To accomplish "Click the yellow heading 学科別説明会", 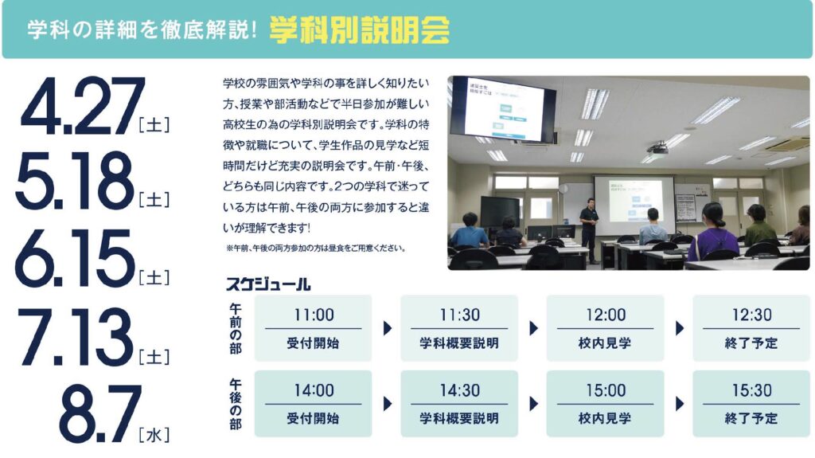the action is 359,30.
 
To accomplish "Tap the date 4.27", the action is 83,106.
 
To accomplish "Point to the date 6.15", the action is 75,259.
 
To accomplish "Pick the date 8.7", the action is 99,413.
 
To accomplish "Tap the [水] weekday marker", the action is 154,435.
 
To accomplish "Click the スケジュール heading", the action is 267,284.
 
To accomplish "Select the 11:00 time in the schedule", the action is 314,315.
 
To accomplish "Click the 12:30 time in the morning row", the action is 751,315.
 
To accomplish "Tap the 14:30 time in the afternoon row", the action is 459,390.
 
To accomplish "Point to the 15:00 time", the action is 606,390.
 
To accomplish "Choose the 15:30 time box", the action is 751,403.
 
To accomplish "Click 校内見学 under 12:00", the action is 605,343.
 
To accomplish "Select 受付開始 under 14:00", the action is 313,418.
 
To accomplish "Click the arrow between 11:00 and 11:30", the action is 388,328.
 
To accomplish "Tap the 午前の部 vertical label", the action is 236,329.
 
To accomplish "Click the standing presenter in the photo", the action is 588,229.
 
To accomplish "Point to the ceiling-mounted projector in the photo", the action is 657,149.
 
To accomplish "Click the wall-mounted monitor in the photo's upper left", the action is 502,109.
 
